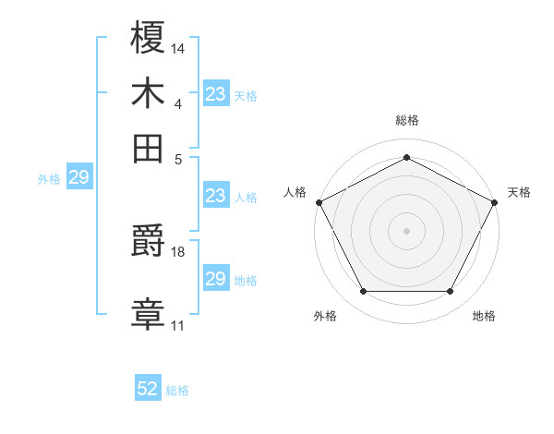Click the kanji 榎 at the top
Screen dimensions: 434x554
[148, 38]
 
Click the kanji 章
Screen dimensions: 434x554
[148, 312]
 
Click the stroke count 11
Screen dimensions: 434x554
[177, 325]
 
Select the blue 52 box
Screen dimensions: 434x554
[148, 389]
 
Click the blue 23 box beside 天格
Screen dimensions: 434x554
[216, 93]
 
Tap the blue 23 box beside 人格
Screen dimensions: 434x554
[216, 196]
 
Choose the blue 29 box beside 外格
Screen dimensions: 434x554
[78, 177]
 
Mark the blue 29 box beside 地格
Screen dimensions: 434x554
[216, 279]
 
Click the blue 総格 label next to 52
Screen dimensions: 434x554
[177, 391]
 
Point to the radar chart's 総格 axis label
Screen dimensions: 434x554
[407, 120]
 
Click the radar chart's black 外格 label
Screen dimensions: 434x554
[325, 317]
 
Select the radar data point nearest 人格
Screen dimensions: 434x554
[318, 201]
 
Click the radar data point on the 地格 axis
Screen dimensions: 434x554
[451, 292]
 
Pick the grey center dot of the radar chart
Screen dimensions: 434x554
[407, 230]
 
